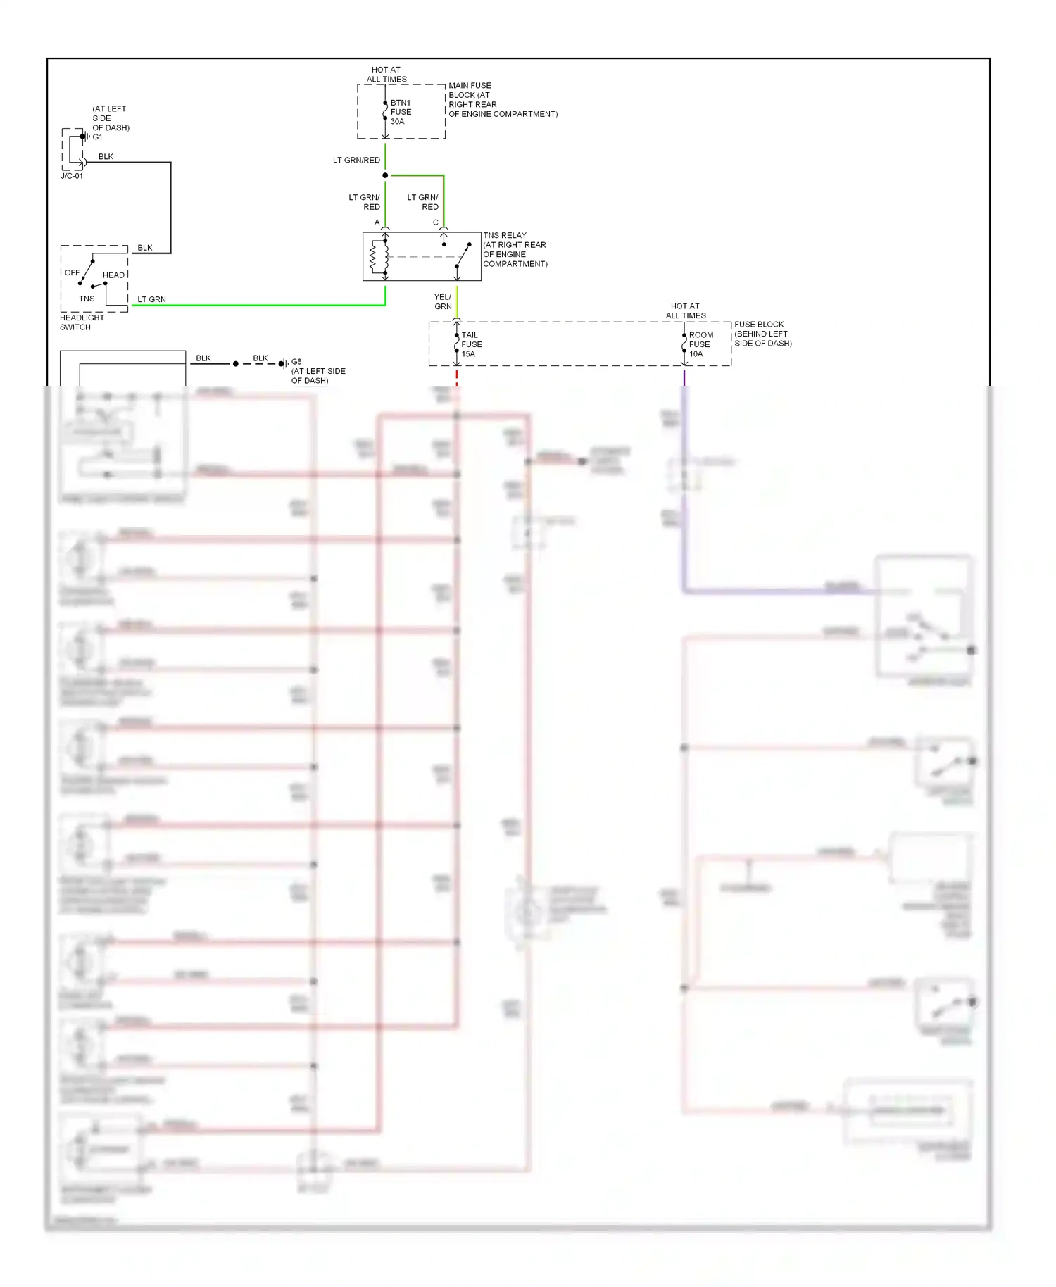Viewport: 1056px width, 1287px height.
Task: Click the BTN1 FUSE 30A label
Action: coord(401,112)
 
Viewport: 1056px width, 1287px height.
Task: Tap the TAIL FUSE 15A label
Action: coord(471,344)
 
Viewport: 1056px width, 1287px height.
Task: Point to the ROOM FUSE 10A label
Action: coord(700,344)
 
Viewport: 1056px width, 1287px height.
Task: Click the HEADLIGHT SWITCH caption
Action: coord(82,322)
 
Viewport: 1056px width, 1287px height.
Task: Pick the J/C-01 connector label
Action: coord(72,176)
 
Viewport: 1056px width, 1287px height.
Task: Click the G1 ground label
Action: coord(97,137)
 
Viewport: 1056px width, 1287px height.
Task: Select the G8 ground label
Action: coord(296,362)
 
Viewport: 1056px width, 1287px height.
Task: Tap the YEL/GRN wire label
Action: coord(443,301)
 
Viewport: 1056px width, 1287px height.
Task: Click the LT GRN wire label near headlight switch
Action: coord(151,299)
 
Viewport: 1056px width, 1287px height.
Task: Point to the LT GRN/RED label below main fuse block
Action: coord(356,161)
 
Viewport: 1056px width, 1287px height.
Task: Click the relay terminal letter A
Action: coord(377,222)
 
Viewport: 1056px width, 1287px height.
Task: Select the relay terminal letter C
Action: coord(435,222)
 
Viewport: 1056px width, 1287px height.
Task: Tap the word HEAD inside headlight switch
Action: coord(113,275)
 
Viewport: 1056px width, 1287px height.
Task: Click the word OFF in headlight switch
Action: coord(73,272)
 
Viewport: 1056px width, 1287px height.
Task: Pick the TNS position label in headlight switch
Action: coord(87,299)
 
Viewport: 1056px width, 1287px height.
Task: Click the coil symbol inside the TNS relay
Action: coord(374,258)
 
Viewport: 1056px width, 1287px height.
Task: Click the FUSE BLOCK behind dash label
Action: coord(762,334)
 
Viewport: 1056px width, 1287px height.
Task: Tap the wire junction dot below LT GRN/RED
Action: coord(385,175)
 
